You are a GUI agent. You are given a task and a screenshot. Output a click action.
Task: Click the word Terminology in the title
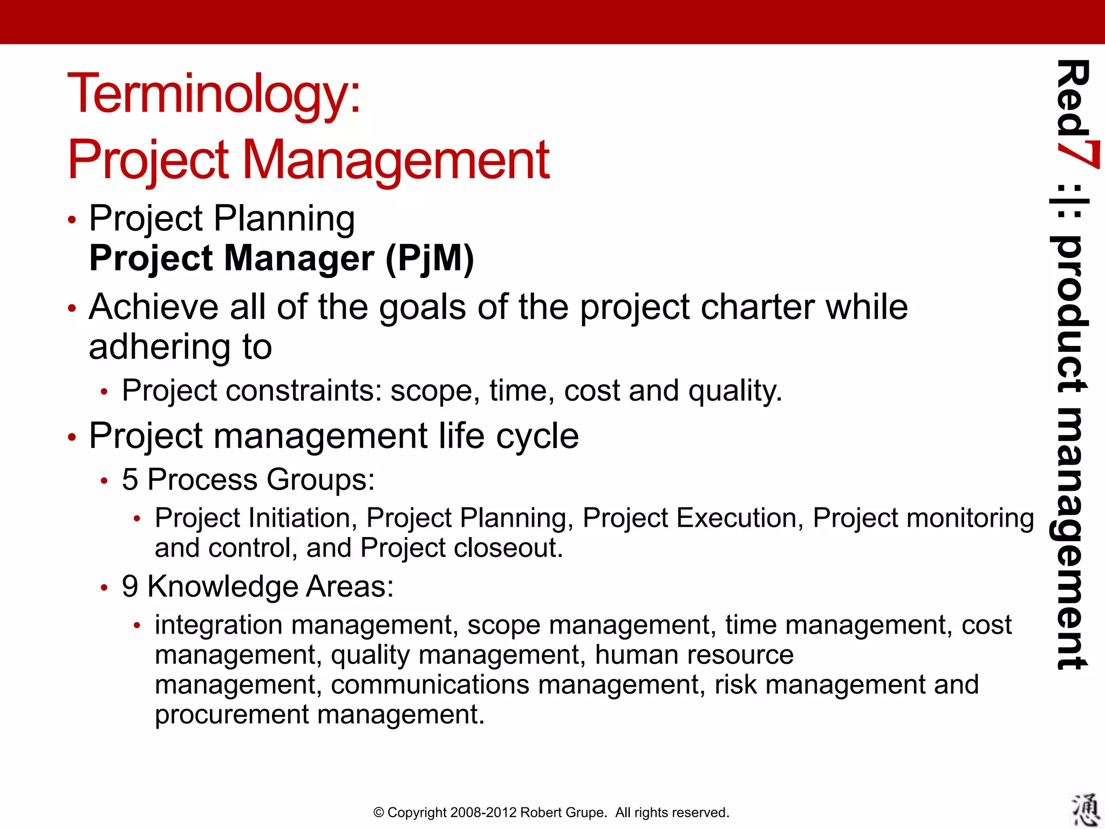pos(213,94)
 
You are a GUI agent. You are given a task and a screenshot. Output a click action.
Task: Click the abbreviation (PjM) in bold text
pos(429,259)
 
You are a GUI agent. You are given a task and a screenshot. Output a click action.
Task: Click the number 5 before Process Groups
pos(130,479)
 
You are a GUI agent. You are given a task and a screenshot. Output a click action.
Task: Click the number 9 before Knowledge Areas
pos(130,586)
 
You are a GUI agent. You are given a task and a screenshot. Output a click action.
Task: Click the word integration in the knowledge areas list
pos(219,625)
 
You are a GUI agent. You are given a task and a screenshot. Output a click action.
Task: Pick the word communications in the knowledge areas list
pos(429,685)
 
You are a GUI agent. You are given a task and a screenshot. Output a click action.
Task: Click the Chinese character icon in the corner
pos(1084,809)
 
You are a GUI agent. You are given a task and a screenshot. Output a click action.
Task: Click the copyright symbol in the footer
pos(379,813)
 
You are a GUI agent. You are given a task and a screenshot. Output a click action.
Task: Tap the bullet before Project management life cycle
pos(72,437)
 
